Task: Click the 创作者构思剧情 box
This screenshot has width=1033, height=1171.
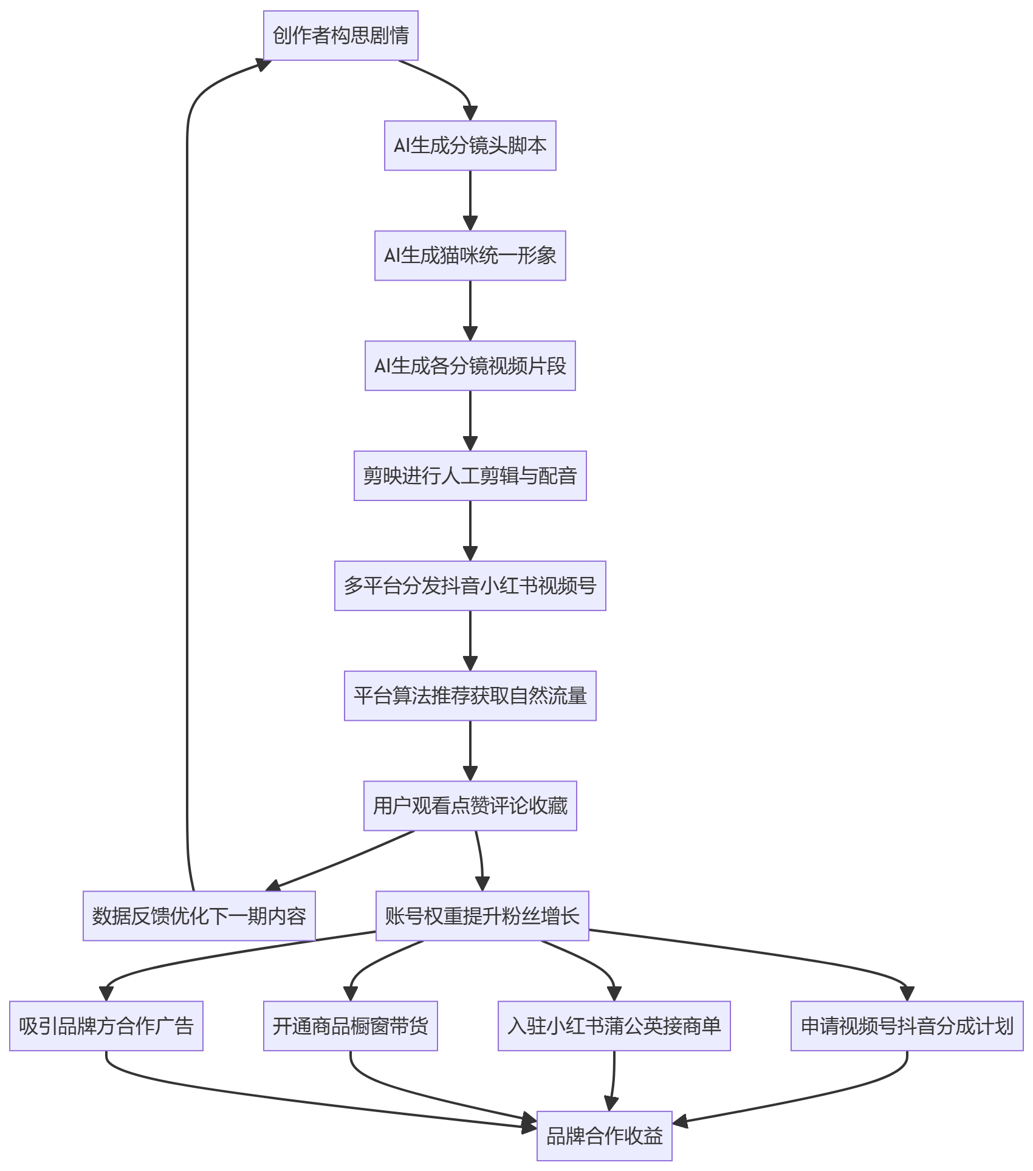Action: click(341, 36)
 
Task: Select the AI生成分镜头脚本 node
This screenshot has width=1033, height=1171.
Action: click(470, 146)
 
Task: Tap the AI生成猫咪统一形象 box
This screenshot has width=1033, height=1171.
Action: click(470, 256)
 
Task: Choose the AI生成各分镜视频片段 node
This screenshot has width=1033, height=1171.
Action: click(470, 366)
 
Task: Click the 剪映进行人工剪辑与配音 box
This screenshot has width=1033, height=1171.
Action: click(470, 476)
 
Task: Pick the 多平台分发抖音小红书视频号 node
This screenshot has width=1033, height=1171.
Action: click(470, 586)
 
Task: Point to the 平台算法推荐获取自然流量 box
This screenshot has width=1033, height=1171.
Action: click(470, 696)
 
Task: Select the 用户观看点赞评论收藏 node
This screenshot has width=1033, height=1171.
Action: click(470, 806)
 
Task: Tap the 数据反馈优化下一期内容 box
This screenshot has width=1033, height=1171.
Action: click(199, 916)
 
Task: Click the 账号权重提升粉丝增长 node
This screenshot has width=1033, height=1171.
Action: click(482, 916)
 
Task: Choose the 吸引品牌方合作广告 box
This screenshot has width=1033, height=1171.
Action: click(106, 1026)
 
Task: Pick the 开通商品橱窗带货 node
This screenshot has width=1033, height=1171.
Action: click(351, 1026)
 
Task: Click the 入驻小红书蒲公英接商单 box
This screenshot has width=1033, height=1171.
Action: click(614, 1026)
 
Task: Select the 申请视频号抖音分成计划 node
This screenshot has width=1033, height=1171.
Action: click(907, 1026)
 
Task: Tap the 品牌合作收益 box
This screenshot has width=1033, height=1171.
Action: click(605, 1136)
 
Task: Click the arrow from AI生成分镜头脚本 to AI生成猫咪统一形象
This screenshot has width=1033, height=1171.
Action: click(470, 201)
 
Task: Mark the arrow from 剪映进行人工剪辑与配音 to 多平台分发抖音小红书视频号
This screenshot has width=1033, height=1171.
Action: click(470, 531)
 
